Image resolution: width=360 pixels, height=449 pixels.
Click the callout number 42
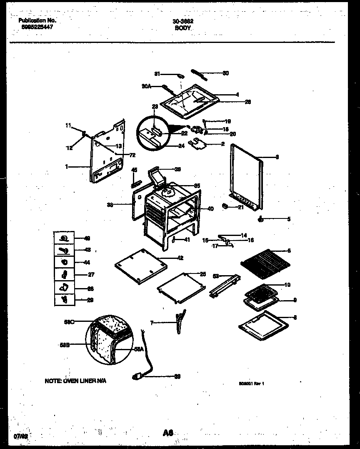click(x=180, y=258)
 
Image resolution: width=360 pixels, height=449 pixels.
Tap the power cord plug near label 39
click(x=137, y=376)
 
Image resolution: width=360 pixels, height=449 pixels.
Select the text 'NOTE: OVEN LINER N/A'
click(x=75, y=381)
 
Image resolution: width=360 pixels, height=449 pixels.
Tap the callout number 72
click(x=132, y=155)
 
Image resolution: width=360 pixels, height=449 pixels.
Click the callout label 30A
click(x=146, y=87)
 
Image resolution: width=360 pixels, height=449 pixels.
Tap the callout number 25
click(x=203, y=274)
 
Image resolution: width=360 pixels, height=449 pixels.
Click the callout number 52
click(x=216, y=276)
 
